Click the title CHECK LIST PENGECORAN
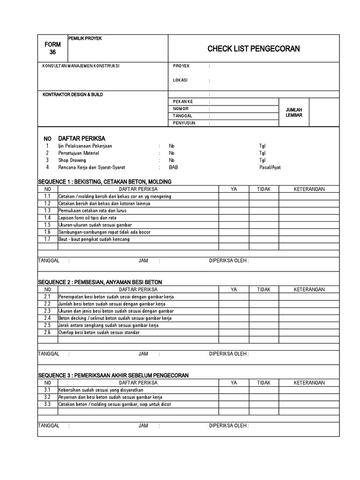click(x=254, y=49)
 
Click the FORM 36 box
click(x=52, y=48)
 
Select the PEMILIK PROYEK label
click(x=85, y=38)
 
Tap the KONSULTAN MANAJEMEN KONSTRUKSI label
click(x=81, y=66)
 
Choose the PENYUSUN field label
click(x=184, y=123)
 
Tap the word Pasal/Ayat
click(x=270, y=167)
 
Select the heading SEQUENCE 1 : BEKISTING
click(x=105, y=181)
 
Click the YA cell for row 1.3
click(x=234, y=210)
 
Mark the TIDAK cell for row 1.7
click(x=263, y=239)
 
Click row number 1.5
click(x=47, y=225)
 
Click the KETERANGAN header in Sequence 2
click(x=309, y=290)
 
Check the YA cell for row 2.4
click(x=234, y=318)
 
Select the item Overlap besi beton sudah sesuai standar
click(x=99, y=332)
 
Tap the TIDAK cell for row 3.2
click(x=263, y=397)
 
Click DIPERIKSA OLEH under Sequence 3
click(x=229, y=426)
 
